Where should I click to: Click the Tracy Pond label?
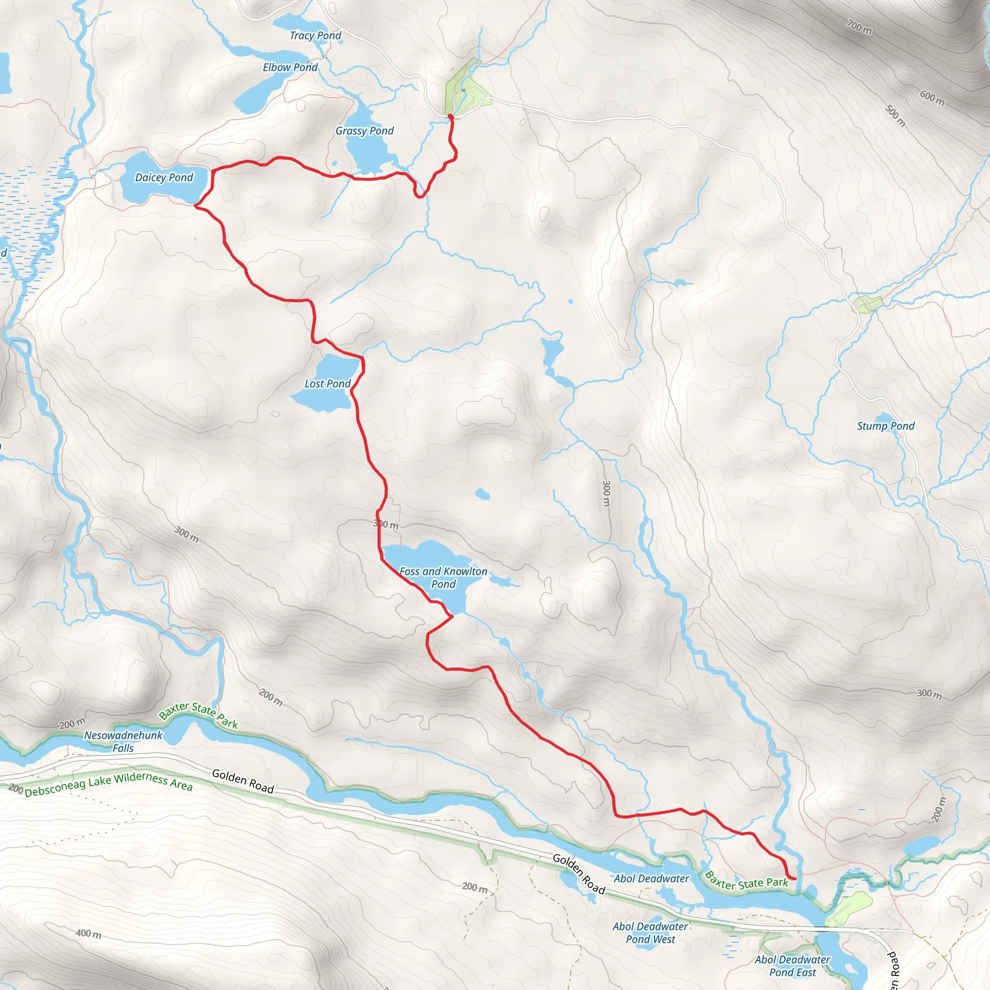(315, 36)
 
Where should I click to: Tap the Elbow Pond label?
(290, 68)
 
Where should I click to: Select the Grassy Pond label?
(364, 131)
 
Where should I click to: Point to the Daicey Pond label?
(164, 178)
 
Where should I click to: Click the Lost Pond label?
(327, 384)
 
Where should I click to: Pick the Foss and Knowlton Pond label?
(443, 578)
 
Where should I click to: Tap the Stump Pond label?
(886, 426)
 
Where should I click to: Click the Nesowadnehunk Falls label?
(123, 742)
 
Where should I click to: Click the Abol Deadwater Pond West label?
(650, 932)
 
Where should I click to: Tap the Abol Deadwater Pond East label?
(792, 966)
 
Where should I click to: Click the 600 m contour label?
(932, 97)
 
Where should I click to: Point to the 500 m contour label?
(896, 116)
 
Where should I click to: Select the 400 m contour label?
(88, 933)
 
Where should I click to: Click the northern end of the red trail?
(451, 117)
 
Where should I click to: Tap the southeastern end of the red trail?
(795, 878)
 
